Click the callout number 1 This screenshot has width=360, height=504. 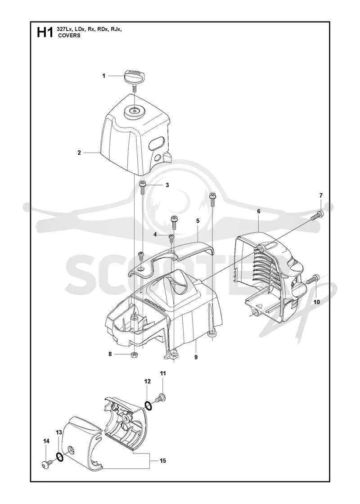point(104,76)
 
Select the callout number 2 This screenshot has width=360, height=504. point(79,153)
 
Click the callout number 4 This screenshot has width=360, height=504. point(155,234)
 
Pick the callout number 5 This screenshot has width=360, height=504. point(198,221)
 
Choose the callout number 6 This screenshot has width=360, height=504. point(259,211)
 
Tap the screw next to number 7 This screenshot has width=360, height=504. point(317,216)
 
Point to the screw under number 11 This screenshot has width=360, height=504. point(159,397)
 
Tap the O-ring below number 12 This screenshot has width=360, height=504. point(148,406)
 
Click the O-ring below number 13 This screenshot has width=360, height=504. point(60,457)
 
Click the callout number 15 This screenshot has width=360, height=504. point(162,461)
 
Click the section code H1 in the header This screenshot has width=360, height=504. point(45,32)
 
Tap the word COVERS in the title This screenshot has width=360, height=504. point(69,36)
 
